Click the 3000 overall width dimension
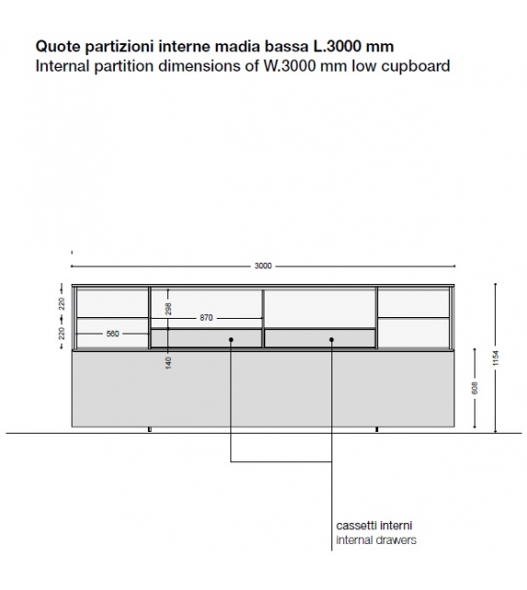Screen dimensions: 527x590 point(263,266)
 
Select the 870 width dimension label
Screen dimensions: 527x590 point(206,318)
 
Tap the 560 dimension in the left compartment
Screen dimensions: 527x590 point(112,334)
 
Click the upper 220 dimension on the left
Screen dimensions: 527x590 point(62,301)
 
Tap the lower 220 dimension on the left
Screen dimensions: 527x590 point(62,333)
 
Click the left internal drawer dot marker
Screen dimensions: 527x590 point(231,340)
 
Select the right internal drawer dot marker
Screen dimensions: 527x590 point(331,340)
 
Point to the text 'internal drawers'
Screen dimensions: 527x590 point(376,540)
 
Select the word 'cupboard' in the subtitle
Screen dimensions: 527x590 point(420,66)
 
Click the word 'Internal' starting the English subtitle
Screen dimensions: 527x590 point(60,66)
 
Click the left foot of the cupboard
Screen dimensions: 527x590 point(149,430)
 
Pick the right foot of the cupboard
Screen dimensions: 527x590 point(376,430)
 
